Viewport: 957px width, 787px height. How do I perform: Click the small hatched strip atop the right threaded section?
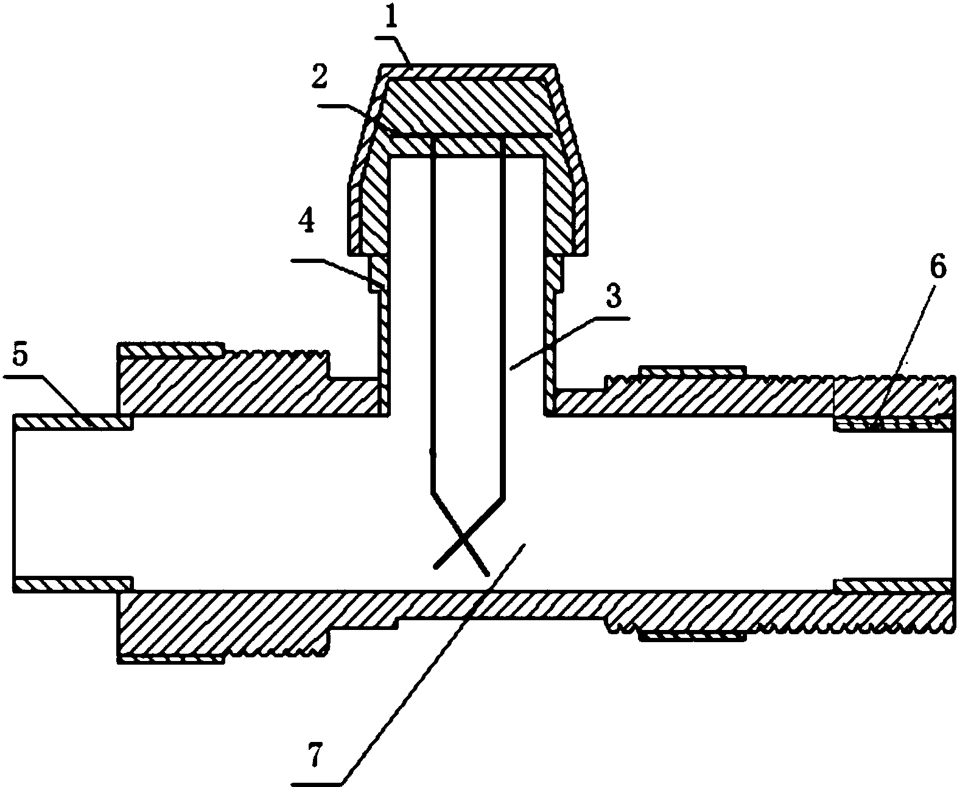(692, 371)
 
